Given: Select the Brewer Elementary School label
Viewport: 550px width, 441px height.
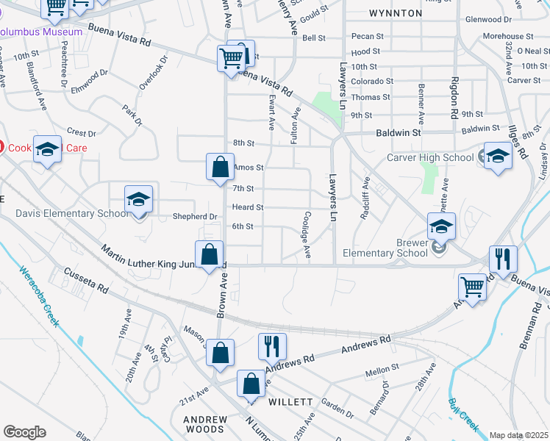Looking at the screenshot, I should pos(401,248).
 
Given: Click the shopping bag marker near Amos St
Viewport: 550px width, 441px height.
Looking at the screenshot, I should pos(220,168).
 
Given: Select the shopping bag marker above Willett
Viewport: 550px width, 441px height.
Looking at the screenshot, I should pos(251,384).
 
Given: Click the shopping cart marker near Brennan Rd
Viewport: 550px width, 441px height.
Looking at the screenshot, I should pos(471,287).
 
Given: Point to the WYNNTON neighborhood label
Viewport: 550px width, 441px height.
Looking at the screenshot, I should pos(396,13).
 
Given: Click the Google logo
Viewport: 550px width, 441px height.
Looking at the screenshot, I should pos(24,432).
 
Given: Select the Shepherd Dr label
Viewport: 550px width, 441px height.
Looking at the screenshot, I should pos(195,217).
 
